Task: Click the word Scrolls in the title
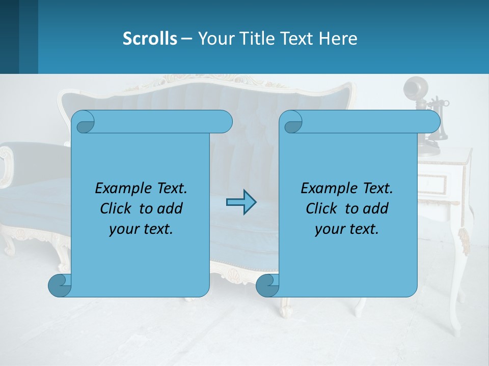[150, 38]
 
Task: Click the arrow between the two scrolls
[241, 202]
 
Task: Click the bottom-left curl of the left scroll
[59, 286]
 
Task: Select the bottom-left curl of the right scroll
[267, 286]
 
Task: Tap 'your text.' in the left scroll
[141, 229]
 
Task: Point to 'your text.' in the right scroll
[347, 229]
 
